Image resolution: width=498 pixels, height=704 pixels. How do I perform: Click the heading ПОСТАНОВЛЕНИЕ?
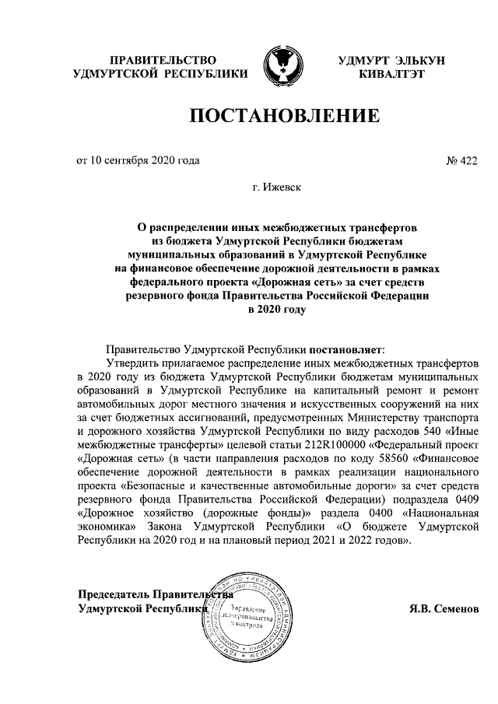[284, 117]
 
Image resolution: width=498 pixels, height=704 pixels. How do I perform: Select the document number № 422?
[461, 161]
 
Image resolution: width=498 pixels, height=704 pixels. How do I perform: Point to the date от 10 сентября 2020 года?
[137, 161]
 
